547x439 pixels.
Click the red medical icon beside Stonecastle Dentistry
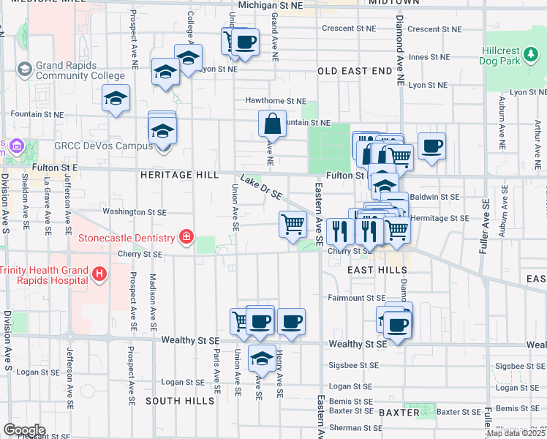point(186,237)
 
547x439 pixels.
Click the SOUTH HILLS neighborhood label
point(180,401)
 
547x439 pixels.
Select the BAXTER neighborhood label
point(399,413)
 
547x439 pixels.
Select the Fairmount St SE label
point(356,298)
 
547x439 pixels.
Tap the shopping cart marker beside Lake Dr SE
point(293,223)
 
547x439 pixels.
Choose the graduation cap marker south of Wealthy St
point(262,359)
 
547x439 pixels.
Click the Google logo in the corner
point(24,429)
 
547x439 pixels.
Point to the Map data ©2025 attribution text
point(516,433)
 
